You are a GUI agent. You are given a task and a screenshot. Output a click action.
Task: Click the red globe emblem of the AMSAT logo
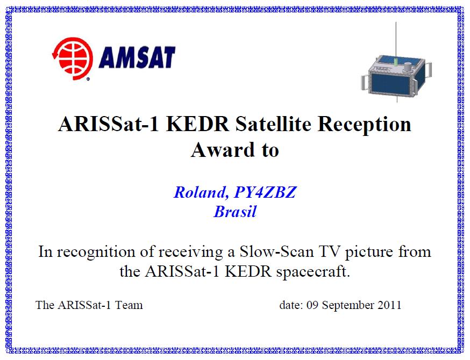(x=73, y=59)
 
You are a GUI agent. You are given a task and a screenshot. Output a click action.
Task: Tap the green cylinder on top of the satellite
(x=396, y=62)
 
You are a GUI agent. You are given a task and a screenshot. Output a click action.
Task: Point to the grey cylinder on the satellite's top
(x=408, y=67)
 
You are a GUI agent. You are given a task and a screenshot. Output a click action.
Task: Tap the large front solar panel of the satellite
(x=390, y=84)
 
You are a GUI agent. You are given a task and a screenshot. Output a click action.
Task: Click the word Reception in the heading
(x=364, y=124)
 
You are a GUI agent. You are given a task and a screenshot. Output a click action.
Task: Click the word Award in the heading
(x=223, y=150)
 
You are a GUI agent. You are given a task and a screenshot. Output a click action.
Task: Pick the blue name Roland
(x=200, y=192)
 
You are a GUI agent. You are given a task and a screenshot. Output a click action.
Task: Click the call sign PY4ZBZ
(x=265, y=192)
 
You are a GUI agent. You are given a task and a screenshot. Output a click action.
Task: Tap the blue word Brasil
(x=236, y=212)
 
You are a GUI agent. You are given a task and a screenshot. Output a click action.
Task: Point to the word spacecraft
(x=313, y=272)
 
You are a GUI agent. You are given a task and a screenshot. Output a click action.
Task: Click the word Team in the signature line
(x=129, y=305)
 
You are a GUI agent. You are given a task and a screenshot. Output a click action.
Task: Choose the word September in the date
(x=348, y=305)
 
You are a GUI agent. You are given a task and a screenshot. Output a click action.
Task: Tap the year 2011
(x=389, y=305)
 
